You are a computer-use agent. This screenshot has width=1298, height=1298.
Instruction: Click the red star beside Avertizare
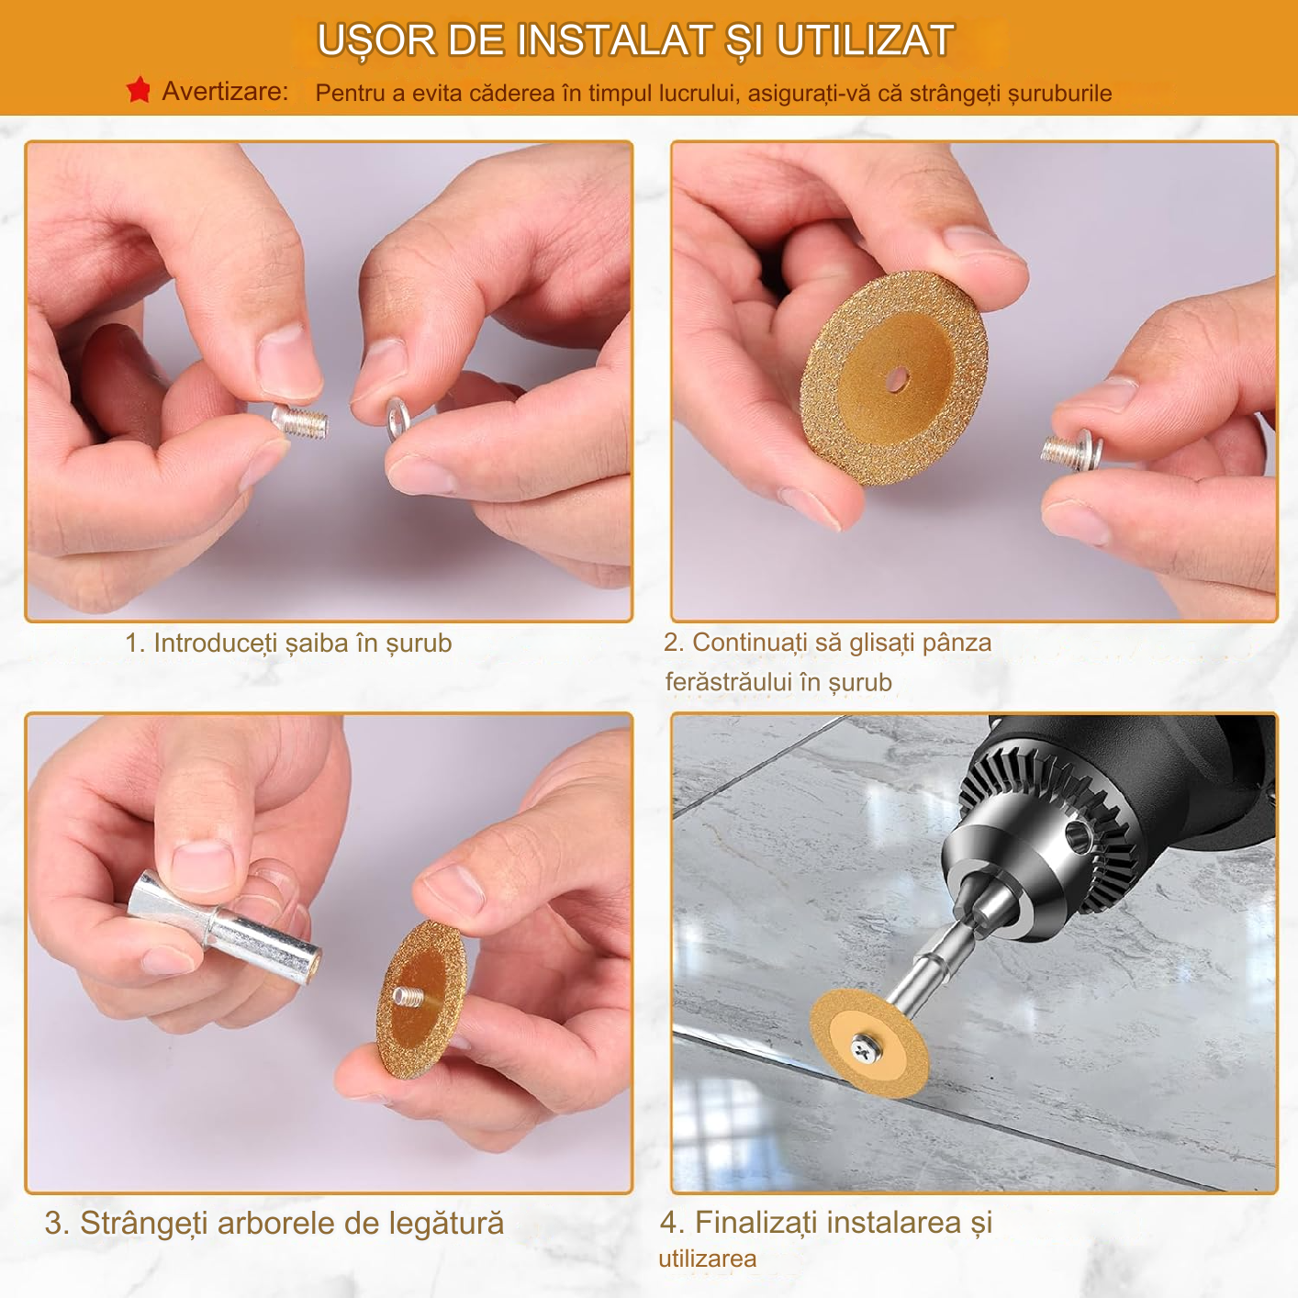tap(139, 90)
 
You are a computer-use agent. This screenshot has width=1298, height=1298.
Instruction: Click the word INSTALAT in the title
tap(613, 39)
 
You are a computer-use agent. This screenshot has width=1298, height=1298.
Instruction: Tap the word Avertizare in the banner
tap(224, 92)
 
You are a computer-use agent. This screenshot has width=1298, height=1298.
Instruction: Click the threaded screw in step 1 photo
tap(300, 421)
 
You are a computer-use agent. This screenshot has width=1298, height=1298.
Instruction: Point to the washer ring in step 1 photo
tap(397, 419)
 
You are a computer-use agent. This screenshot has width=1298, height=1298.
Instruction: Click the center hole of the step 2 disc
tap(897, 379)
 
